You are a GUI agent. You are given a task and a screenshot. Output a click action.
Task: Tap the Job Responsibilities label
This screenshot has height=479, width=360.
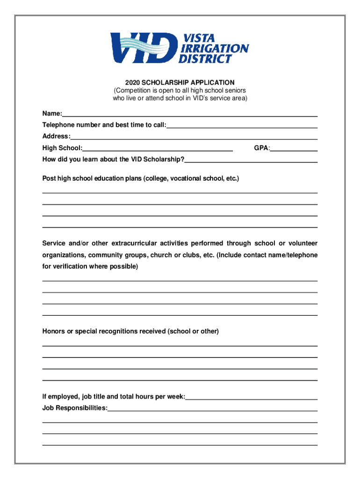click(x=74, y=408)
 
